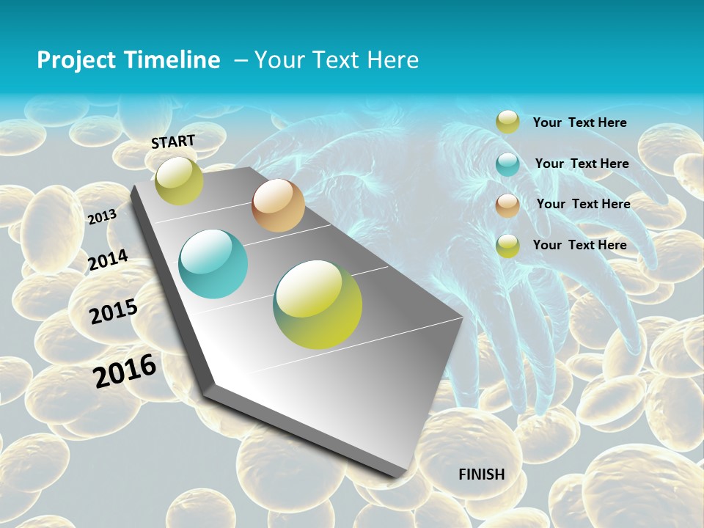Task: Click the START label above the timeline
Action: [x=173, y=141]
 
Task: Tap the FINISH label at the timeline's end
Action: [x=481, y=474]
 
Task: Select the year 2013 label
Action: [x=103, y=216]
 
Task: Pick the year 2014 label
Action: [x=108, y=260]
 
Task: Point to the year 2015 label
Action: [x=114, y=312]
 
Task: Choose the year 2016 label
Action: [x=125, y=370]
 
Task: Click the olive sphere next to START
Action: [x=179, y=180]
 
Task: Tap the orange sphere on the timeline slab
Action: [x=278, y=205]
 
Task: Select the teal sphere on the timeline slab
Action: [x=213, y=264]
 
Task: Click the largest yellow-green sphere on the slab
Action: [x=318, y=304]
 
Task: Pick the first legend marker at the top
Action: [x=507, y=122]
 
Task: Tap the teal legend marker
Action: [x=507, y=164]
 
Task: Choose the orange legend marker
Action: [x=507, y=205]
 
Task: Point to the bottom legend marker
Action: [x=507, y=246]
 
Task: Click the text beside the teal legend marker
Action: [x=582, y=164]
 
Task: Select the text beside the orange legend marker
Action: [x=583, y=204]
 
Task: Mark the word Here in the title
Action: [x=392, y=60]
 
